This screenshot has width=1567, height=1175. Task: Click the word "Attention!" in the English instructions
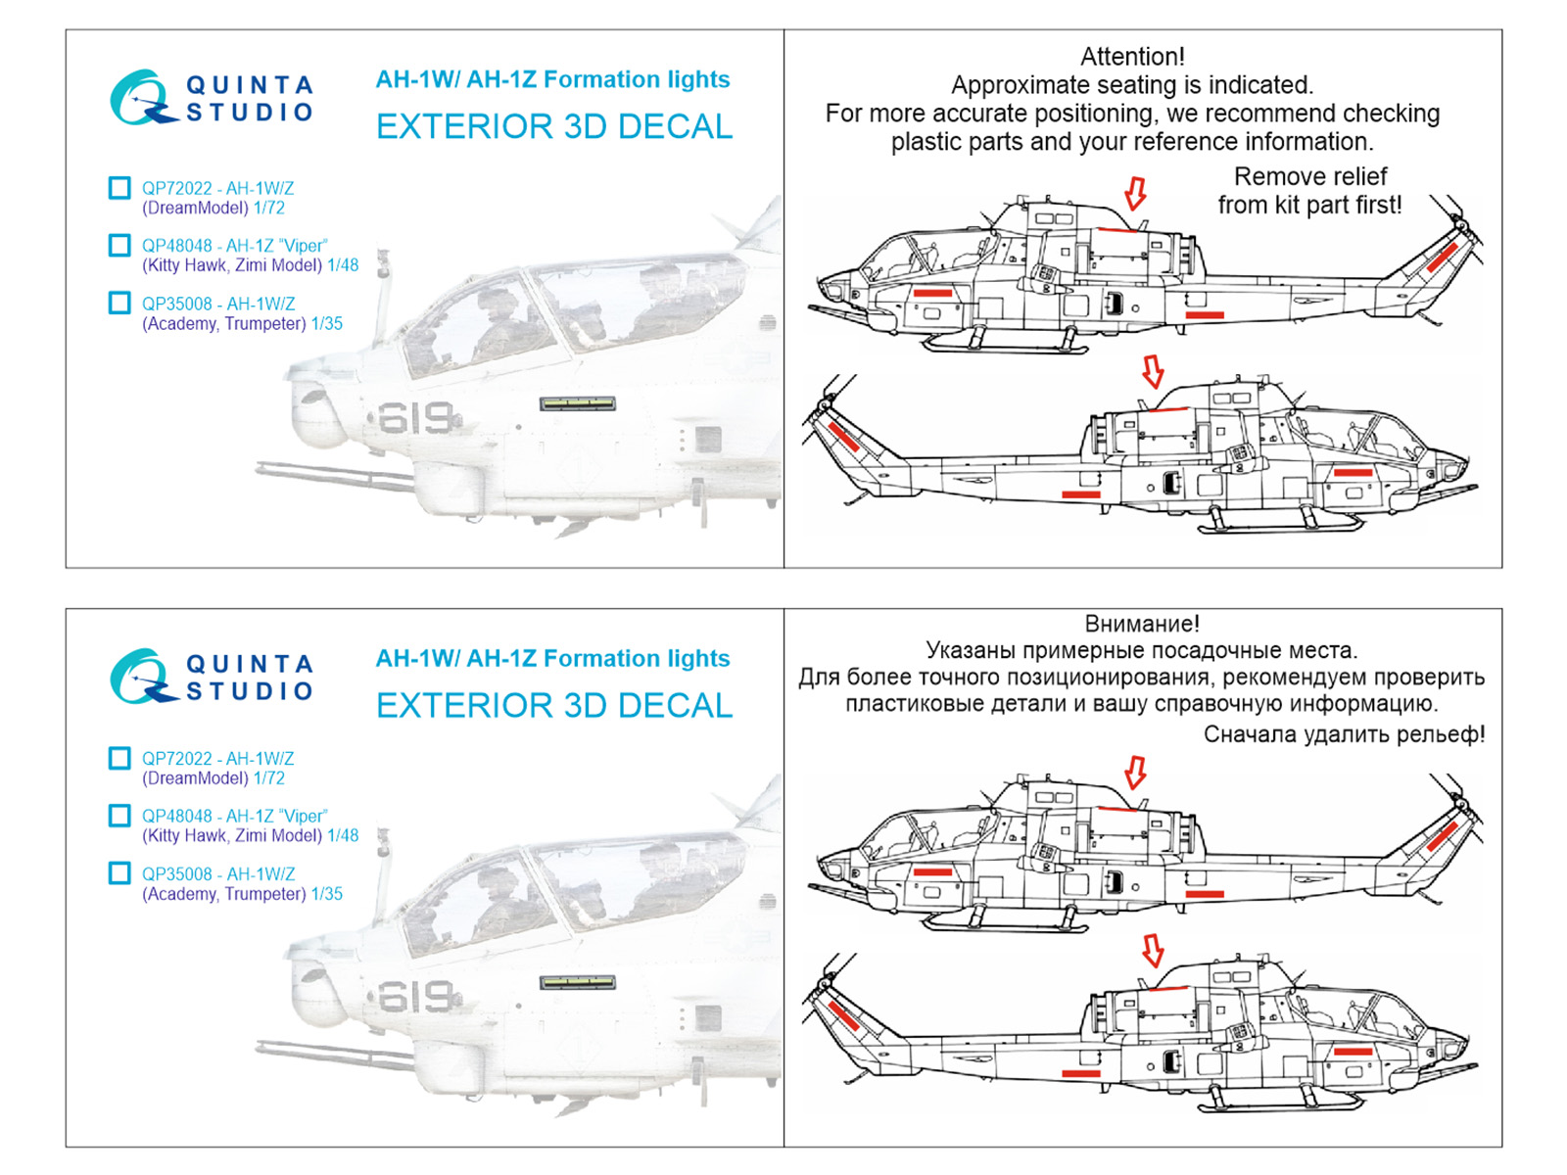pyautogui.click(x=1131, y=57)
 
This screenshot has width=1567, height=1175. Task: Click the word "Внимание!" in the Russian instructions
pyautogui.click(x=1141, y=624)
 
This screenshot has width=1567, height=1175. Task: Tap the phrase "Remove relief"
pyautogui.click(x=1309, y=177)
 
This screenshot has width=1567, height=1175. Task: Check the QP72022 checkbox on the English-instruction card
pyautogui.click(x=119, y=188)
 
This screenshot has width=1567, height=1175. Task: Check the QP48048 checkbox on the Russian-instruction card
pyautogui.click(x=119, y=816)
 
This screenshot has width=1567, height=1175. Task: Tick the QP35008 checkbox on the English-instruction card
pyautogui.click(x=119, y=304)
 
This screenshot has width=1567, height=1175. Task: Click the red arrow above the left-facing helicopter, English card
pyautogui.click(x=1135, y=193)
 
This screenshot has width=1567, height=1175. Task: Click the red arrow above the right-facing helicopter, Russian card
pyautogui.click(x=1153, y=950)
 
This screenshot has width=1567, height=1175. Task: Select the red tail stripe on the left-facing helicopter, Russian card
pyautogui.click(x=1442, y=835)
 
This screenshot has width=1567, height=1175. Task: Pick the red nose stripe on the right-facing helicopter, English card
pyautogui.click(x=1353, y=473)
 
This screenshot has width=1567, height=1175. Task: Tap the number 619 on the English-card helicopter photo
pyautogui.click(x=415, y=419)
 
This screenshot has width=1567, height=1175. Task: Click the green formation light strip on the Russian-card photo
pyautogui.click(x=578, y=982)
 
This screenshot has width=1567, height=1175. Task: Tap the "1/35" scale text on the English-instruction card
pyautogui.click(x=326, y=324)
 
